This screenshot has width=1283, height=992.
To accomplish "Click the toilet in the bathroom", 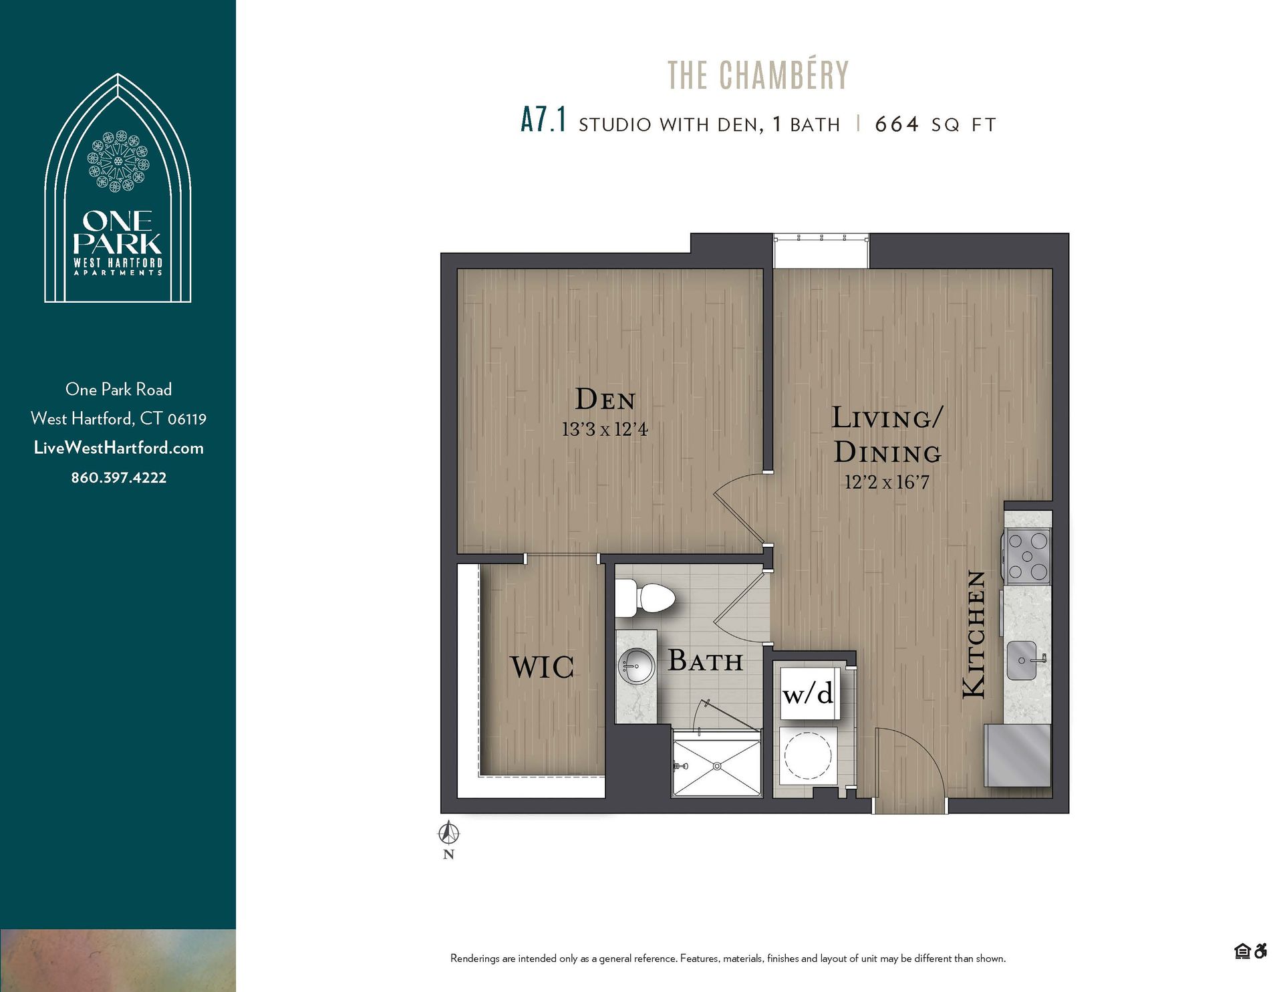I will (x=646, y=598).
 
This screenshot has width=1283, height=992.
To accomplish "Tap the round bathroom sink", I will (x=635, y=666).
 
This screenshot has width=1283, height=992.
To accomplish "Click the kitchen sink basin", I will (x=1022, y=660).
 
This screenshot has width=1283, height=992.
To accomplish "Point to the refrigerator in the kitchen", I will (x=1017, y=755).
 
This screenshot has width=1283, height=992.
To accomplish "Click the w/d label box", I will (x=808, y=694).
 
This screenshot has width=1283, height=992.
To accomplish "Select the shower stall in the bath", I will (x=716, y=764).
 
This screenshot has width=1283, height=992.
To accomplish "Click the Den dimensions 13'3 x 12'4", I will (x=605, y=429).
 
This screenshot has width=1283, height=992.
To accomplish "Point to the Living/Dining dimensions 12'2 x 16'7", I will (x=886, y=482).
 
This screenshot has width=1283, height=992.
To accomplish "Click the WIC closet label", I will (x=542, y=667).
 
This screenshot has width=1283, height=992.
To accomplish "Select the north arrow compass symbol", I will (x=449, y=834).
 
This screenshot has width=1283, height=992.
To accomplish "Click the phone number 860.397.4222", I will (x=118, y=477).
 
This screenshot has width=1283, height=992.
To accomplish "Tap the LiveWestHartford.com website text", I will (x=118, y=448).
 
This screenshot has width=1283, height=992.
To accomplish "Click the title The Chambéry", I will (x=758, y=75).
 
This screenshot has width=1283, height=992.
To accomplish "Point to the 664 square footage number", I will (x=897, y=124).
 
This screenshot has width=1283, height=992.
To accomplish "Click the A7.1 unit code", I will (x=543, y=122).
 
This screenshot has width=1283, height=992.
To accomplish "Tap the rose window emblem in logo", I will (x=118, y=162).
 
